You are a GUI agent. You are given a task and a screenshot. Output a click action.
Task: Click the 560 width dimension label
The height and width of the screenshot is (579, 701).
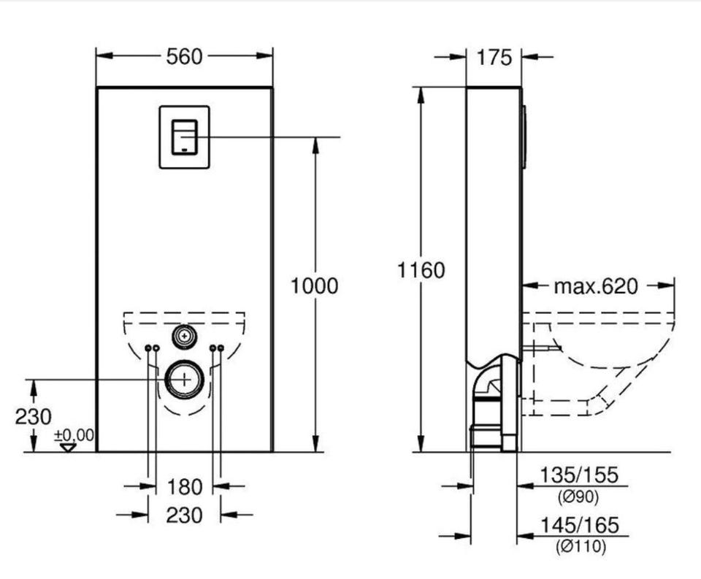184,57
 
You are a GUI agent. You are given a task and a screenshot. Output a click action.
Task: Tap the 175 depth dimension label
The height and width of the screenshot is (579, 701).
494,57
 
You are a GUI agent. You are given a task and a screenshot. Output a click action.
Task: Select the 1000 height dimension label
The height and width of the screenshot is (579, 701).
314,286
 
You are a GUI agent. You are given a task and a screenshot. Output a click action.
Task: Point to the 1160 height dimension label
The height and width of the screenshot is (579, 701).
421,270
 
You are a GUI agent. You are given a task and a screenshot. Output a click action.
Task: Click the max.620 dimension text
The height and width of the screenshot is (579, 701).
596,286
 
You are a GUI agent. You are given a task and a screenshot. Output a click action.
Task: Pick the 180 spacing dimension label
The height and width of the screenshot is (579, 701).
185,487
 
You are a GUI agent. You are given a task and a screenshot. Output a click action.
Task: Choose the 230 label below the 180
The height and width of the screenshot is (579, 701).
184,515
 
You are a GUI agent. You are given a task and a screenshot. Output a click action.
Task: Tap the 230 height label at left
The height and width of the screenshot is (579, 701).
33,417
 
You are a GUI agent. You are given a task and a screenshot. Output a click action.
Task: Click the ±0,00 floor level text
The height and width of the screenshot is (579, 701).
74,435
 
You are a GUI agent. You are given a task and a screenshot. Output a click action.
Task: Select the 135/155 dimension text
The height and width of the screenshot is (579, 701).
579,475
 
